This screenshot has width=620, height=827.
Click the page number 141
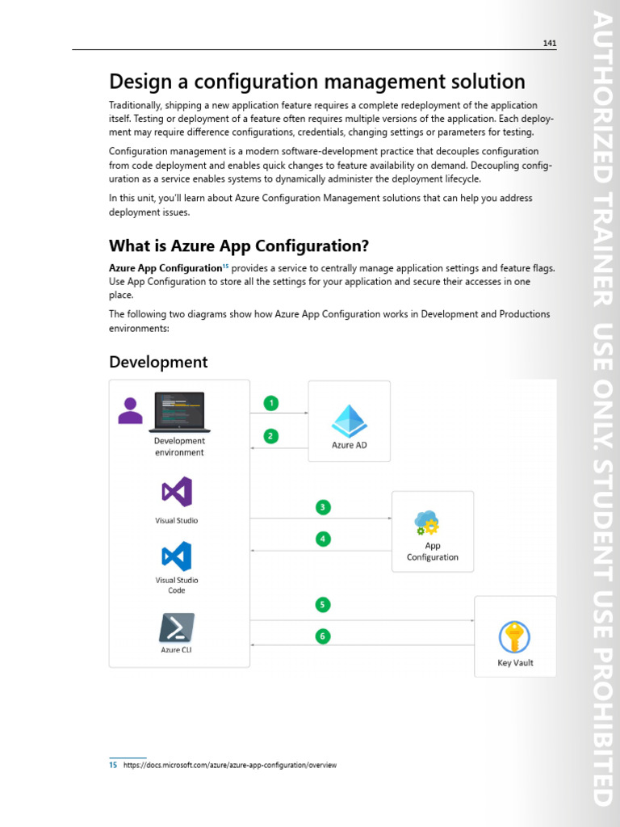pyautogui.click(x=549, y=43)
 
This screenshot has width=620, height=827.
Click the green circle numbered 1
pyautogui.click(x=272, y=403)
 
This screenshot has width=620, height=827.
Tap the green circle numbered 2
pyautogui.click(x=272, y=436)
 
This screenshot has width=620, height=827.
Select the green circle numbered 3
pyautogui.click(x=323, y=507)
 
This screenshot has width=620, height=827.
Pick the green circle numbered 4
pyautogui.click(x=323, y=538)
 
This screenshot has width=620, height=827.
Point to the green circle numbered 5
pyautogui.click(x=323, y=604)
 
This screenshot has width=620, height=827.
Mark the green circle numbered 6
pyautogui.click(x=323, y=636)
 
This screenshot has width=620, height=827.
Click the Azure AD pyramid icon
pyautogui.click(x=350, y=420)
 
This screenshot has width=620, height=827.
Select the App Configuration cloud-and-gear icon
pyautogui.click(x=427, y=523)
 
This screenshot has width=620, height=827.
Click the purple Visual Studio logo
pyautogui.click(x=177, y=492)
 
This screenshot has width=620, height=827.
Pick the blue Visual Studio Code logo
pyautogui.click(x=177, y=556)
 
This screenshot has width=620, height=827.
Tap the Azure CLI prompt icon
pyautogui.click(x=176, y=628)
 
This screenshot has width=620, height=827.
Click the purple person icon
pyautogui.click(x=130, y=410)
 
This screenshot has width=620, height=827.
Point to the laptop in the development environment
pyautogui.click(x=179, y=412)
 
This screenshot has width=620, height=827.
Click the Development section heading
pyautogui.click(x=158, y=362)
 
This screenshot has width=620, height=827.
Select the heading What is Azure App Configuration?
pyautogui.click(x=244, y=246)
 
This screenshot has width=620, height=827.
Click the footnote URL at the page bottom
pyautogui.click(x=230, y=765)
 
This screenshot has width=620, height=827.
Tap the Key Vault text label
pyautogui.click(x=515, y=663)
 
